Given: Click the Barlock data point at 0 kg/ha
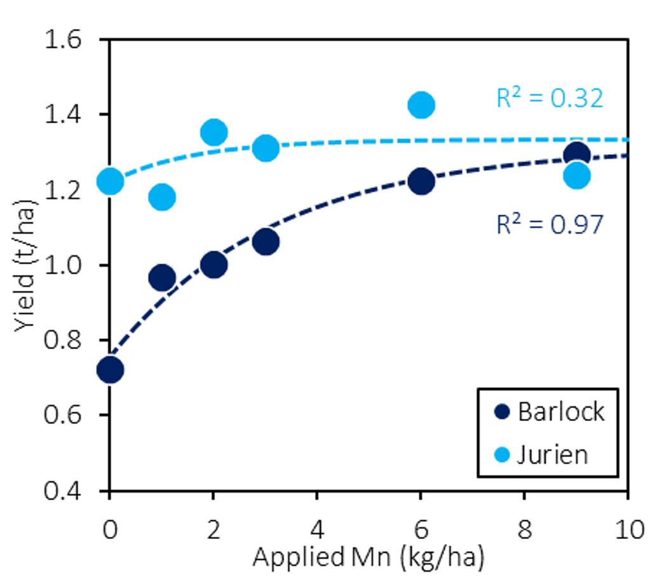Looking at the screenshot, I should click(x=110, y=369).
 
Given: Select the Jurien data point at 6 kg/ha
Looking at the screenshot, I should click(x=421, y=105).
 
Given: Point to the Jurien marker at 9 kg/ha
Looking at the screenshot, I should click(x=577, y=175).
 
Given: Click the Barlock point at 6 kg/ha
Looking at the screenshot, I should click(x=421, y=181).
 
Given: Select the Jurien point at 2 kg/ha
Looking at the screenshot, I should click(x=213, y=132).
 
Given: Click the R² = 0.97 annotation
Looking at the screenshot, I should click(x=549, y=224).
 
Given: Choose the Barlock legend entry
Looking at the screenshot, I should click(x=549, y=412).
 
